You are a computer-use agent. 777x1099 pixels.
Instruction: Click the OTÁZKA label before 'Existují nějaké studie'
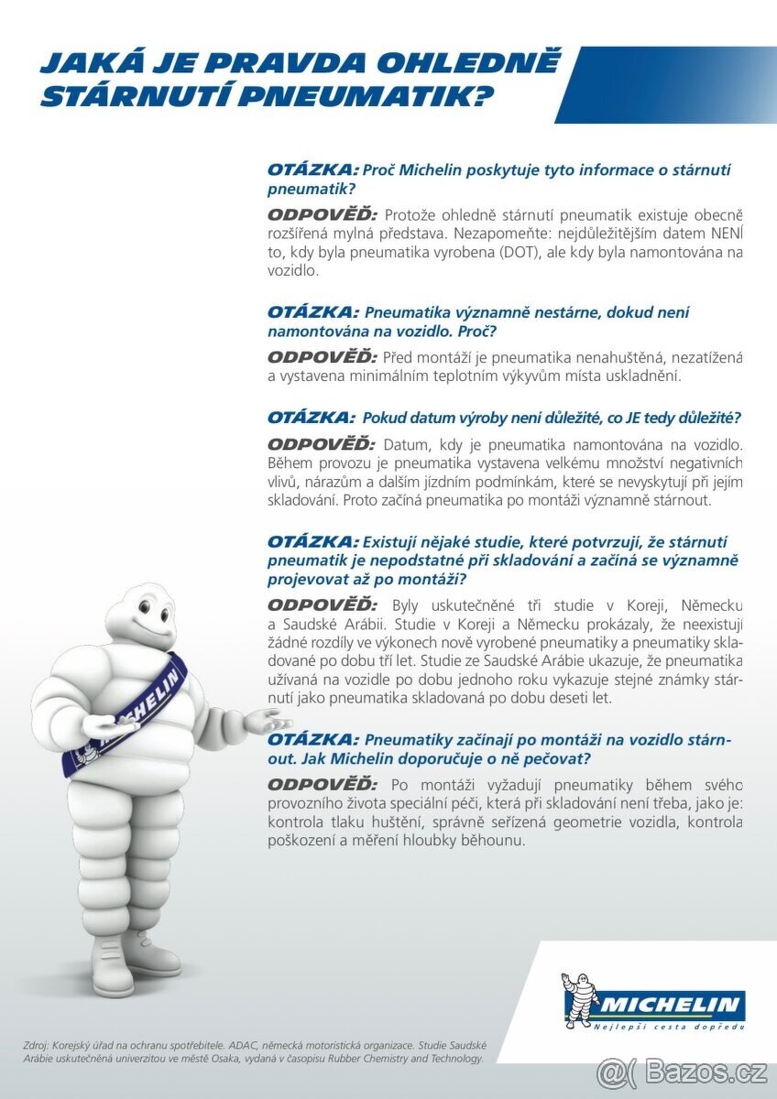(312, 540)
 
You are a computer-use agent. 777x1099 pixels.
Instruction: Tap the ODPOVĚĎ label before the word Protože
(322, 214)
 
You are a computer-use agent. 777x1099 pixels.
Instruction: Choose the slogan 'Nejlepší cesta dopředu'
(669, 1026)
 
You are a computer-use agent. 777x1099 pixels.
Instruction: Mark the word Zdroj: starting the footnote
(39, 1045)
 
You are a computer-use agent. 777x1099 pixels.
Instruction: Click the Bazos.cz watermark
(683, 1071)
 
